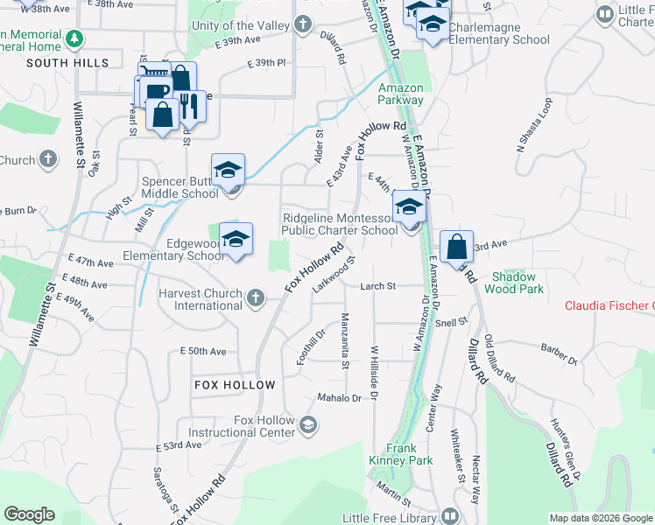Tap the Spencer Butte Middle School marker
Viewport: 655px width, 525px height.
(x=228, y=171)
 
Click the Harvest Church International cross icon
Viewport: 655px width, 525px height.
(x=255, y=298)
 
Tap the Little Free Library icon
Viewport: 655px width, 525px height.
(x=449, y=516)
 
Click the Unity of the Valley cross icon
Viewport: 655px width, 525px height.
(x=303, y=24)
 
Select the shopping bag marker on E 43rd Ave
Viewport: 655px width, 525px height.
(x=456, y=248)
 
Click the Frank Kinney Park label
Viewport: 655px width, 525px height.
(x=409, y=454)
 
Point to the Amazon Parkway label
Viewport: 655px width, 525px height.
(x=400, y=94)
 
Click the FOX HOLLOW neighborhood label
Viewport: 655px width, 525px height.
(x=236, y=385)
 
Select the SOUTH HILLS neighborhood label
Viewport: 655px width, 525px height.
(x=67, y=63)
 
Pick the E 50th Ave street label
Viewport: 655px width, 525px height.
(x=203, y=351)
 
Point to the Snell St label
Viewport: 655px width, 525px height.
(x=452, y=322)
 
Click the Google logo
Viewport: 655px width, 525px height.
(x=29, y=514)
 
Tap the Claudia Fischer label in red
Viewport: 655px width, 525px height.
(x=609, y=305)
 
